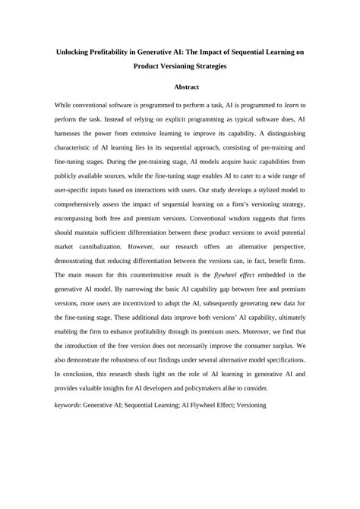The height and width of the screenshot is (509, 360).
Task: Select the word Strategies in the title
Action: [x=204, y=66]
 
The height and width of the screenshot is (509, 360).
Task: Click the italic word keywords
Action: [x=72, y=427]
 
